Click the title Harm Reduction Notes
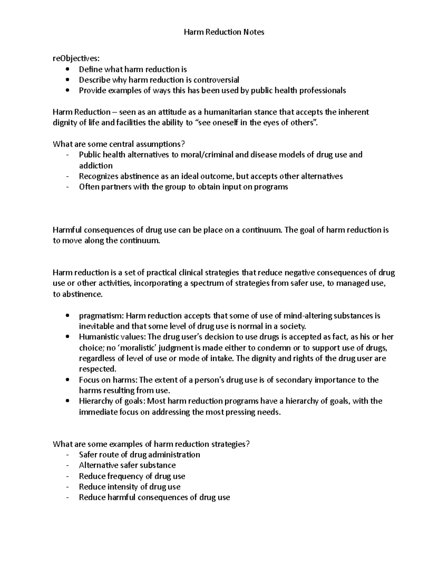224,32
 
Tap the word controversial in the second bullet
216,80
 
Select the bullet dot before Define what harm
67,69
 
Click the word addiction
96,166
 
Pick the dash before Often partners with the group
67,187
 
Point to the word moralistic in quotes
139,348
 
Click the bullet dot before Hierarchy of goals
67,402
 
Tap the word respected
97,369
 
